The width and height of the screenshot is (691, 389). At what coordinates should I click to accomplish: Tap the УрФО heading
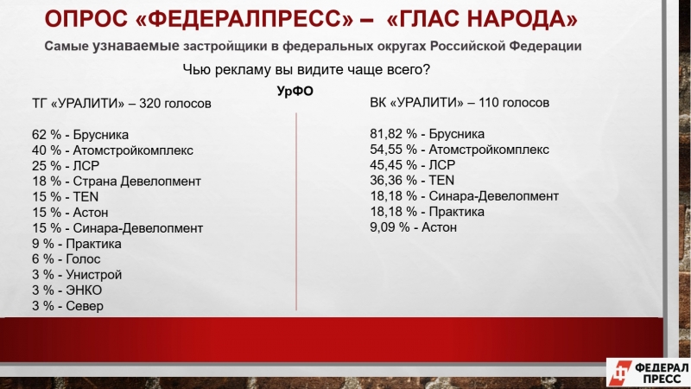(x=295, y=91)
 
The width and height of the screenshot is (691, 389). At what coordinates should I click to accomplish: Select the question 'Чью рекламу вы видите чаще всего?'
(x=307, y=70)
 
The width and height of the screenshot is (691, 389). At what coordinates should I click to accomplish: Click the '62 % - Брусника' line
(x=80, y=135)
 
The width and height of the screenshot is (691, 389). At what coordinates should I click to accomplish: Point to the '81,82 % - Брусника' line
(x=427, y=134)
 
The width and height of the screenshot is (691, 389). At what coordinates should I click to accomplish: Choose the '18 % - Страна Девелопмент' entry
(x=117, y=182)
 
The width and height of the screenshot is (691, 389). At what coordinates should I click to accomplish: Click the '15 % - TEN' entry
(x=66, y=197)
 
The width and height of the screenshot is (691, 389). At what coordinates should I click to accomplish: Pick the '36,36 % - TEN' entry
(x=412, y=181)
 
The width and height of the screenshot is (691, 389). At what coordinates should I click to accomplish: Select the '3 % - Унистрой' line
(x=77, y=275)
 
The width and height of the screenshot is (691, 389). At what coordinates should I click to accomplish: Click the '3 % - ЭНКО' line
(x=67, y=290)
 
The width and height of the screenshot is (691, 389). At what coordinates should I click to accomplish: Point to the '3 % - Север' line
(x=67, y=306)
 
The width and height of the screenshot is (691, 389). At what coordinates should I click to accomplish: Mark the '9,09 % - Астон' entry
(x=414, y=227)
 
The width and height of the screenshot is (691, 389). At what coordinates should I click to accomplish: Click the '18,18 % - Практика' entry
(x=427, y=212)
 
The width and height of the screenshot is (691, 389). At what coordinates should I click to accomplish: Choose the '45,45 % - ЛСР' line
(x=413, y=165)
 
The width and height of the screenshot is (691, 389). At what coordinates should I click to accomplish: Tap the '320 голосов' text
(x=175, y=104)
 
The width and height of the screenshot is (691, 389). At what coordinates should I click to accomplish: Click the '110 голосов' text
(x=514, y=103)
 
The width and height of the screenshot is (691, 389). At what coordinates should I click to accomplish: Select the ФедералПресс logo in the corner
(x=649, y=373)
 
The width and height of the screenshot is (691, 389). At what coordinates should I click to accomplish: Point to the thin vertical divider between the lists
(x=296, y=212)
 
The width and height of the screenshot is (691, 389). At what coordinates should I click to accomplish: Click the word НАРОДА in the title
(x=523, y=19)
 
